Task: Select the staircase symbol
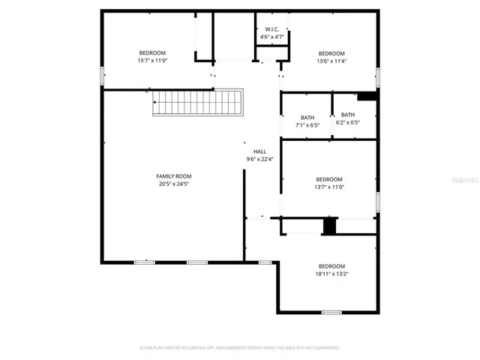point(199,102)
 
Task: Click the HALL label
point(259,151)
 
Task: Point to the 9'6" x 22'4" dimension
point(259,159)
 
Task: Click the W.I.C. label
point(271,28)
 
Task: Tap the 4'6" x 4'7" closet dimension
point(271,37)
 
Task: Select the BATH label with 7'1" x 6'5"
point(307,117)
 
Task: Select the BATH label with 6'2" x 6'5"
point(348,115)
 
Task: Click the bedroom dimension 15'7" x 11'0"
point(152,60)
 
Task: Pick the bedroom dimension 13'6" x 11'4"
point(331,61)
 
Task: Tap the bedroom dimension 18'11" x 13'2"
point(331,274)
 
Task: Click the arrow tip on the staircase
point(154,102)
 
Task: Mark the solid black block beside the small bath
point(367,96)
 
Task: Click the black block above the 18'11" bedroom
point(328,226)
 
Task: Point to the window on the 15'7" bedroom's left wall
point(102,76)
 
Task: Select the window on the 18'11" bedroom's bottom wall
point(331,312)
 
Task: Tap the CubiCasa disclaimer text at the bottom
point(240,348)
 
